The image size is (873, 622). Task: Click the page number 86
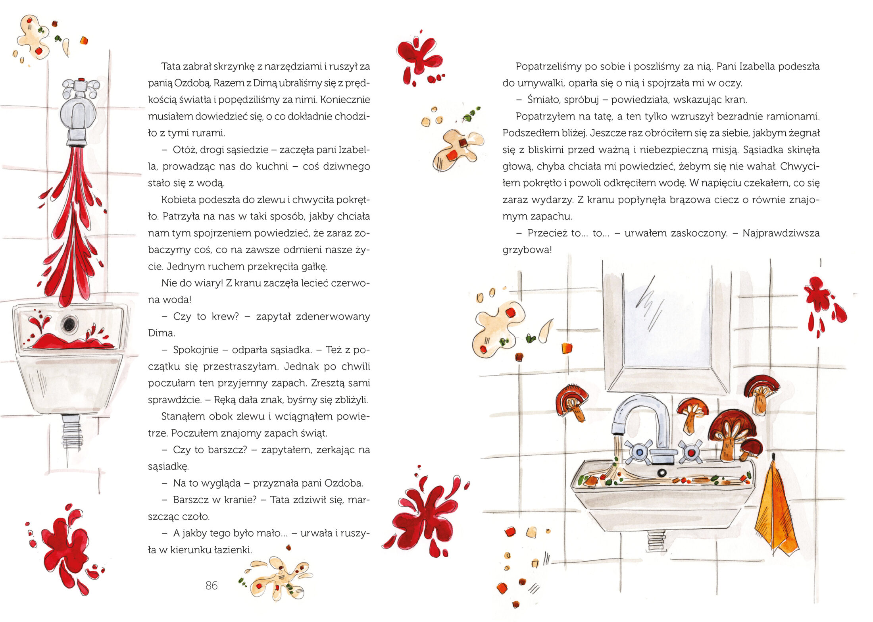pyautogui.click(x=212, y=585)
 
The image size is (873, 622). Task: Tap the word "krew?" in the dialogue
pyautogui.click(x=225, y=316)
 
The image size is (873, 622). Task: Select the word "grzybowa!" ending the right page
pyautogui.click(x=527, y=250)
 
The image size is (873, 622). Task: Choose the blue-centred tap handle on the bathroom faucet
pyautogui.click(x=638, y=452)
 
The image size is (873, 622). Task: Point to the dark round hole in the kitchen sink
pyautogui.click(x=69, y=324)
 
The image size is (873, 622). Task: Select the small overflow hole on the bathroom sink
pyautogui.click(x=661, y=472)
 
